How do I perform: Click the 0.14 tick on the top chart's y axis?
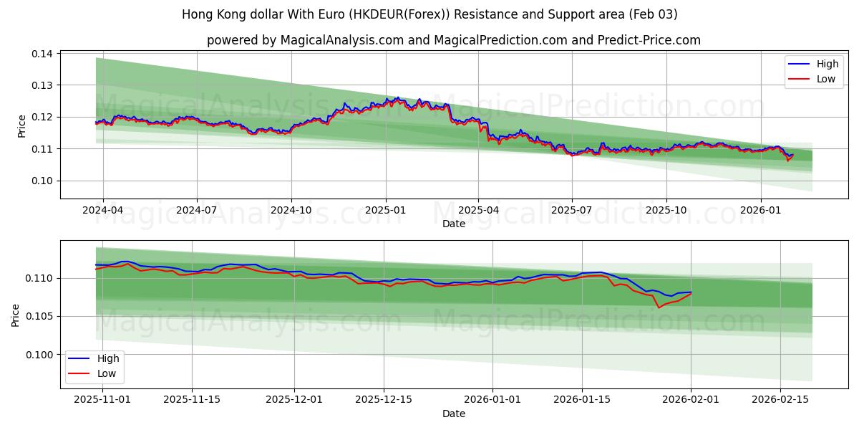[42, 54]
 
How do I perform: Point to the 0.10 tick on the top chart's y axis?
[42, 181]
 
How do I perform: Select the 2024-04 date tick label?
[103, 211]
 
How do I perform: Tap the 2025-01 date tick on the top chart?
[385, 211]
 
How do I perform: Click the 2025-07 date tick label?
[571, 211]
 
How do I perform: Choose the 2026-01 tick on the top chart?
[760, 211]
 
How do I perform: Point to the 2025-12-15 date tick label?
[384, 400]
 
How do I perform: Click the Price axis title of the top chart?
[21, 125]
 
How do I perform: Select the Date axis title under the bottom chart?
[454, 414]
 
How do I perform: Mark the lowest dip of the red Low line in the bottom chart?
[659, 307]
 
